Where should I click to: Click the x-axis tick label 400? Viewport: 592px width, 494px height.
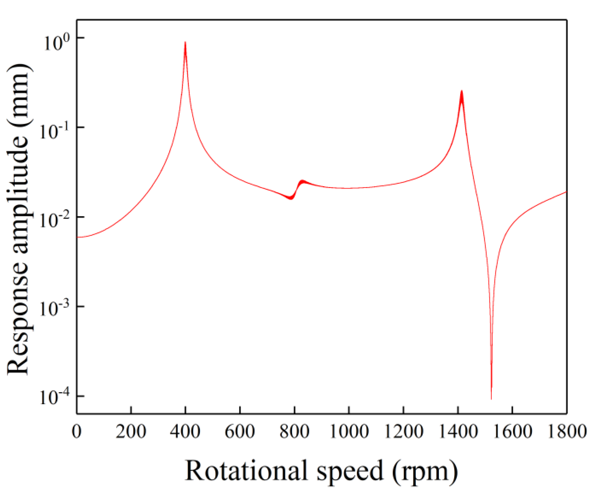(x=185, y=431)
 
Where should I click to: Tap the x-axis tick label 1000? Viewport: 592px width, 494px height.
(x=349, y=431)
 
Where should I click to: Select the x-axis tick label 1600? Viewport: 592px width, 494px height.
(x=512, y=431)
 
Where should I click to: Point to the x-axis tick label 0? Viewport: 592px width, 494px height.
(x=77, y=431)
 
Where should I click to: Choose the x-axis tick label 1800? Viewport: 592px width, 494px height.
(x=567, y=431)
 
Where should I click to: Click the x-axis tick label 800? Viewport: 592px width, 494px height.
(x=294, y=431)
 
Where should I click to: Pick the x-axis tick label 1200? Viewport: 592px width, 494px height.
(x=403, y=431)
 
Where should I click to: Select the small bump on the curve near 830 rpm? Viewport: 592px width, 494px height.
(x=302, y=181)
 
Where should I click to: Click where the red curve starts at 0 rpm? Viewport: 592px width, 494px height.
(x=78, y=237)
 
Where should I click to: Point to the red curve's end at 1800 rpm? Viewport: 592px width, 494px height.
(x=566, y=192)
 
